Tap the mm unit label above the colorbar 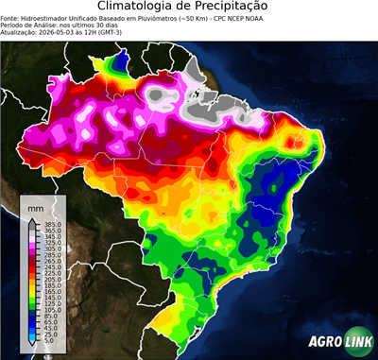click(x=36, y=205)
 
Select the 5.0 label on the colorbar click(x=49, y=341)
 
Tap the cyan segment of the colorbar click(x=32, y=333)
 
